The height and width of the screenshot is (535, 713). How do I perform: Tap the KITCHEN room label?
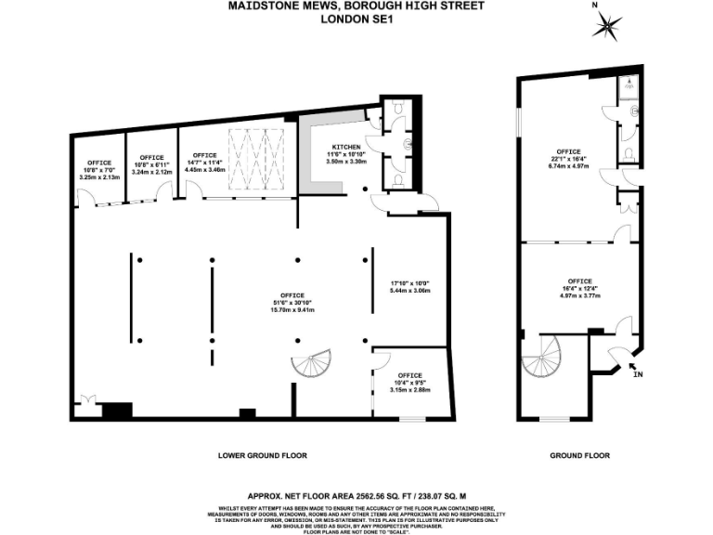click(346, 147)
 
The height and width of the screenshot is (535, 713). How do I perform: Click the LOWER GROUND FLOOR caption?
click(262, 455)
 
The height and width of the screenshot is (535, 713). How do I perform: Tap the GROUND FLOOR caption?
click(579, 455)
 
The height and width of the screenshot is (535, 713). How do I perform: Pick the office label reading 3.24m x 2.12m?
click(152, 172)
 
